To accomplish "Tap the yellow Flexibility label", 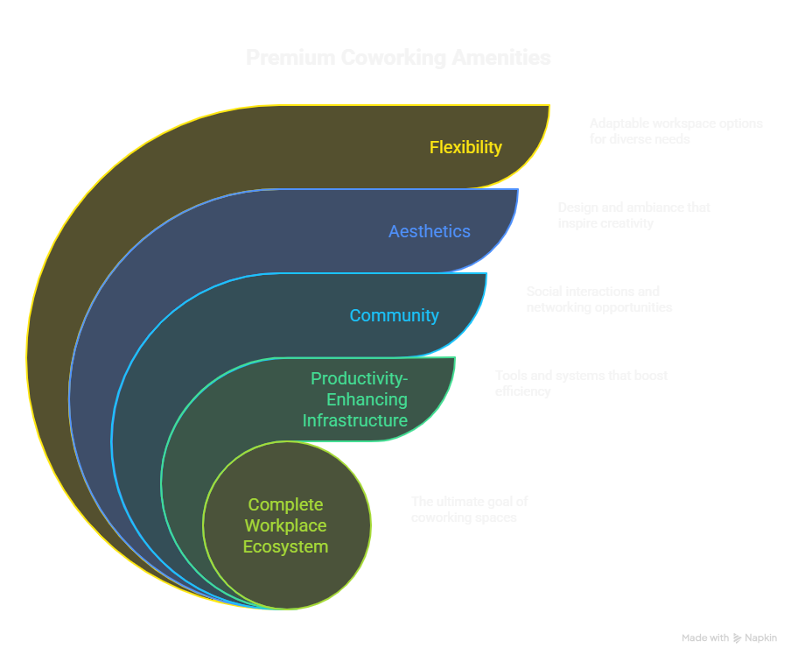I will [465, 147].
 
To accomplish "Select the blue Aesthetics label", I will [430, 231].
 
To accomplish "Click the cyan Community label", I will [394, 315].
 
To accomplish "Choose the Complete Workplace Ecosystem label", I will [286, 525].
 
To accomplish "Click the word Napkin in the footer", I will [760, 638].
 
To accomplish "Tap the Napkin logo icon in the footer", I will [738, 638].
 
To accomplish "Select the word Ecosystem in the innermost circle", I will [286, 546].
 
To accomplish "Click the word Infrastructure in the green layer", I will [355, 420].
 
